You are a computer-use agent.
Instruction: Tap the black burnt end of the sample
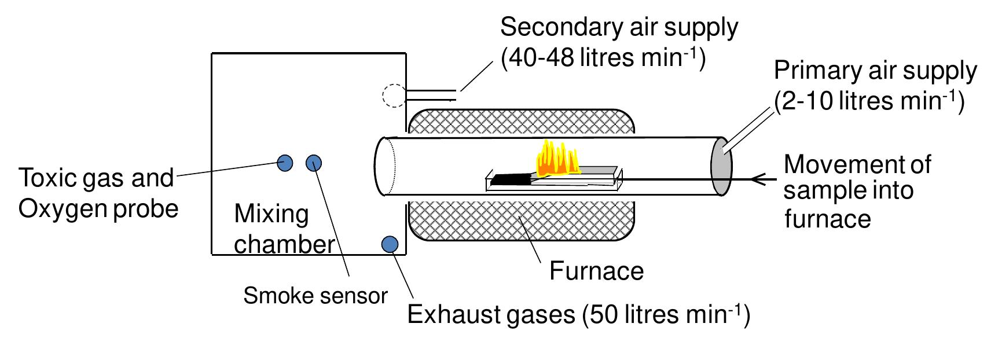coord(510,179)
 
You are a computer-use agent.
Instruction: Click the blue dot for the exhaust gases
coord(390,244)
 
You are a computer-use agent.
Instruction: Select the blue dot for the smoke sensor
coord(313,163)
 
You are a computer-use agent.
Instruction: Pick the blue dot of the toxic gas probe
coord(285,163)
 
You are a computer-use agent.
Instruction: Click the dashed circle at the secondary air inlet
coord(394,95)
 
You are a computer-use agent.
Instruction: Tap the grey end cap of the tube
coord(721,167)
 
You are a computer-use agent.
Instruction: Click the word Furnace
coord(596,271)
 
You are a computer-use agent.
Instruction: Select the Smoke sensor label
coord(315,296)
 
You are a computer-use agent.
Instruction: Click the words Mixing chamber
coord(284,229)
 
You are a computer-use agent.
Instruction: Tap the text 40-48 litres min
coord(602,58)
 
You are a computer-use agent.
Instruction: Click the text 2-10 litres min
coord(868,101)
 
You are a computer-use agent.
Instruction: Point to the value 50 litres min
coord(666,314)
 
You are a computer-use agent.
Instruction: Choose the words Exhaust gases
coord(491,314)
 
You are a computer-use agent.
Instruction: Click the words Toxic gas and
coord(96,178)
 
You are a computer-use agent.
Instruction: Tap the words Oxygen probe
coord(98,208)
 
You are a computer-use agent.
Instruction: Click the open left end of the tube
coord(383,166)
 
